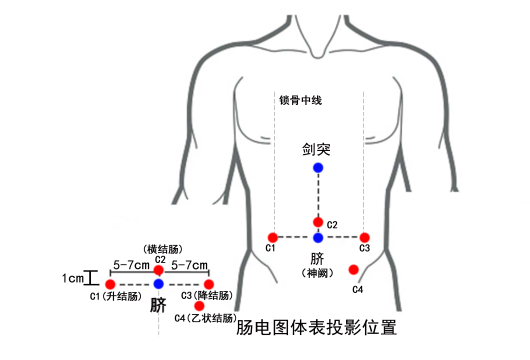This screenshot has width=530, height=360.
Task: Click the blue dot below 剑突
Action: tap(318, 168)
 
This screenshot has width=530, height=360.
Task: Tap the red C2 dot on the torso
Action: tap(318, 222)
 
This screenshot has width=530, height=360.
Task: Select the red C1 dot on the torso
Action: tap(272, 237)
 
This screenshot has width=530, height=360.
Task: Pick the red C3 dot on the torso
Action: tap(365, 237)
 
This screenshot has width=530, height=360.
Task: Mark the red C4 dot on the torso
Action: tap(353, 269)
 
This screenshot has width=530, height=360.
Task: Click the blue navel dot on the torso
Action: tap(318, 238)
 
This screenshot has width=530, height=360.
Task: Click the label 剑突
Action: tap(317, 149)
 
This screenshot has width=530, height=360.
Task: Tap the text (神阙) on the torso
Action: tap(317, 271)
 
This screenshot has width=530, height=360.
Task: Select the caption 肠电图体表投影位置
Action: tap(317, 327)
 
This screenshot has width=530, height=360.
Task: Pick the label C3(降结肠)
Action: tap(207, 296)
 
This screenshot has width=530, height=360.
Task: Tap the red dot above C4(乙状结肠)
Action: tap(200, 305)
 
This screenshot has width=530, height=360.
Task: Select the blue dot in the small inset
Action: tap(159, 285)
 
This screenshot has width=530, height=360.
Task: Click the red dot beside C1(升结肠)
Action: tap(110, 285)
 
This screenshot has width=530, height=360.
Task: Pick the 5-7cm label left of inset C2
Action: tap(131, 265)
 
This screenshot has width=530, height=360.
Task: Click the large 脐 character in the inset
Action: tap(157, 305)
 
